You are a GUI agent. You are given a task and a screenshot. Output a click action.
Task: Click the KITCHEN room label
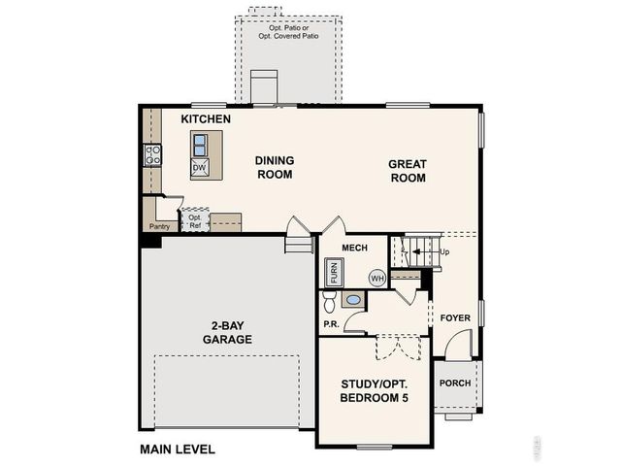(x=206, y=119)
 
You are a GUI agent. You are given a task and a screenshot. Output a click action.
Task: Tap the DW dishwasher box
(x=199, y=168)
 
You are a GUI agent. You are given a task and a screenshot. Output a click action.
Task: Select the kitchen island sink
(x=199, y=145)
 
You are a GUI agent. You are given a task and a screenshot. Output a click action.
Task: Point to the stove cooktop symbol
(x=152, y=155)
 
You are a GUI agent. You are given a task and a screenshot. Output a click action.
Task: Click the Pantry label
(x=159, y=226)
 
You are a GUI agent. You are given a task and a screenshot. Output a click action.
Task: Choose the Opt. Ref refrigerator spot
(x=195, y=221)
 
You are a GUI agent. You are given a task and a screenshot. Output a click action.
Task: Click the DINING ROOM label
(x=274, y=167)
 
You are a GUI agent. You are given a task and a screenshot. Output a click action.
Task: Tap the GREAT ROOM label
(x=408, y=171)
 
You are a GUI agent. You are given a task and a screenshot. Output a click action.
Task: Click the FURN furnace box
(x=333, y=272)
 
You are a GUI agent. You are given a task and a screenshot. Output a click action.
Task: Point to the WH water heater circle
(x=377, y=279)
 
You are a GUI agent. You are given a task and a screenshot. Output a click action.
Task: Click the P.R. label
(x=330, y=323)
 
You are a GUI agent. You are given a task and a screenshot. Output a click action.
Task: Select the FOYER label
(x=455, y=318)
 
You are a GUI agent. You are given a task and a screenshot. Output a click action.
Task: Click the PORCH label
(x=455, y=383)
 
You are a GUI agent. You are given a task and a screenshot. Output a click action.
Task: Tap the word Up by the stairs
(x=445, y=252)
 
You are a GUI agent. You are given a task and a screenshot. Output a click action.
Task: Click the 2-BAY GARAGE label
(x=227, y=333)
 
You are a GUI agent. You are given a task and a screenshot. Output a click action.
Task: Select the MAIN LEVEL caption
(x=178, y=449)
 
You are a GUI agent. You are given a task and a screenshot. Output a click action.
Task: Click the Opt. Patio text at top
(x=288, y=30)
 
